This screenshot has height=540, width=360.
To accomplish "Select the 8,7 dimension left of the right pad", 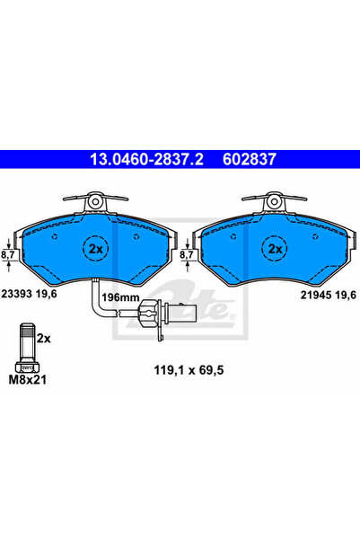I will click(x=187, y=255).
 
